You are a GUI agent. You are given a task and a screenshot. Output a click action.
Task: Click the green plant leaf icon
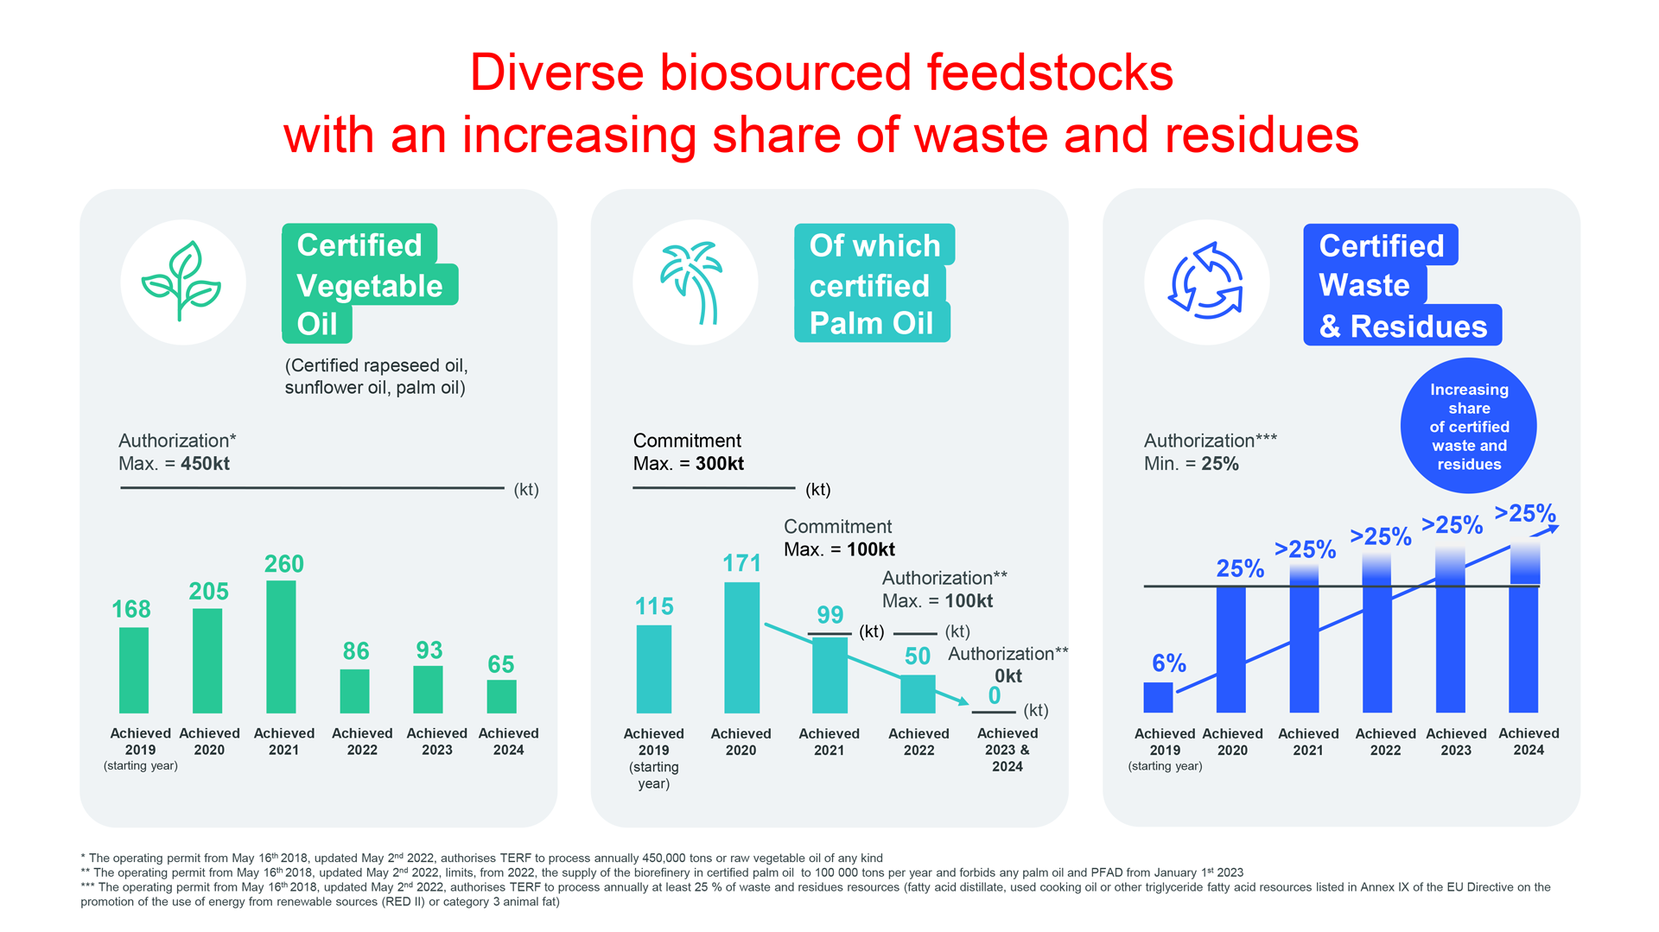coord(182,282)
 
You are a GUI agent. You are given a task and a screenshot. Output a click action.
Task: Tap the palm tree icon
coord(694,282)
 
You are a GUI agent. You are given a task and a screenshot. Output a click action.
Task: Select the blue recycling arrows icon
coord(1205,282)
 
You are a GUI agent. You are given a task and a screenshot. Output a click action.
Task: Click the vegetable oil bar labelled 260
coord(281,646)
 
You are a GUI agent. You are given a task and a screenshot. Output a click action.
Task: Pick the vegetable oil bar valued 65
coord(501,696)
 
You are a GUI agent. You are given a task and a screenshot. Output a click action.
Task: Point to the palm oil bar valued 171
coord(741,647)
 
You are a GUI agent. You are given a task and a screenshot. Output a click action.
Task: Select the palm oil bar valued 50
coord(918,694)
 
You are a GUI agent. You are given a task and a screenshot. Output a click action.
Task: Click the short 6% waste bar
coord(1158,697)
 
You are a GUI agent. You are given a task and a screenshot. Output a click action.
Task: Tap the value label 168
coord(131,610)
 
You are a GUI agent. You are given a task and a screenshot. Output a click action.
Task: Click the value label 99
coord(830,615)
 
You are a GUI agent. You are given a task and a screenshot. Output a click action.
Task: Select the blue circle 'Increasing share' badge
coord(1468,426)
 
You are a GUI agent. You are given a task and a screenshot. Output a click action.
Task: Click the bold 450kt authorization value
coord(205,464)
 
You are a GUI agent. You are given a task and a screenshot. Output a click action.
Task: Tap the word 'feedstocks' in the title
coord(1050,73)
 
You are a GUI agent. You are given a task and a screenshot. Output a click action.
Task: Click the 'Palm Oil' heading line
coord(871,324)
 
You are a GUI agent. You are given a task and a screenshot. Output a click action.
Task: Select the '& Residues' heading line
coord(1402,327)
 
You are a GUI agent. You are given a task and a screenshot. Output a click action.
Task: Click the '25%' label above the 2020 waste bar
coord(1240,569)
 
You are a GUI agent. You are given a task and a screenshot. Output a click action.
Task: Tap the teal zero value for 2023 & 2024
coord(995,696)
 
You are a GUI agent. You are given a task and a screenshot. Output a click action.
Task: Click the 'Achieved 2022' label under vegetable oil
coord(362,741)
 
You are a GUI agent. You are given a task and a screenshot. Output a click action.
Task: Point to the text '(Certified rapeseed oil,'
coord(376,365)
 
